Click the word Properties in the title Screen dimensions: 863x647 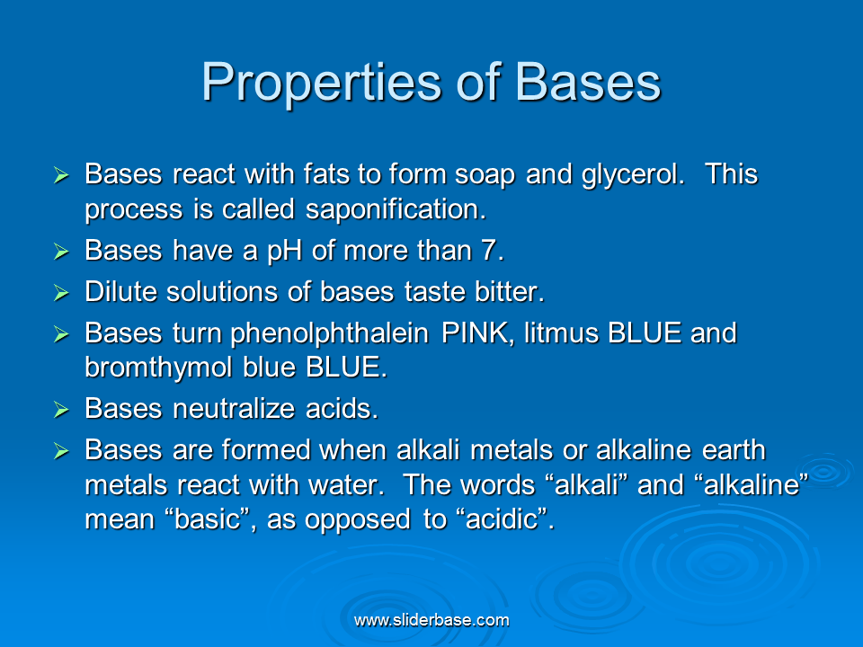[x=322, y=83]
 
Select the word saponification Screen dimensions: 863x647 [x=396, y=209]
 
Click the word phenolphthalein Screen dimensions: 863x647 [x=329, y=333]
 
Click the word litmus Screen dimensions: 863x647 [x=561, y=332]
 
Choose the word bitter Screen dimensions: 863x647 [x=510, y=291]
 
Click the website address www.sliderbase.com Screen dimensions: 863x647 [x=431, y=621]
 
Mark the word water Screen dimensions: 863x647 [x=346, y=485]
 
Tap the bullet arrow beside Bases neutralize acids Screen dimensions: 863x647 [x=61, y=410]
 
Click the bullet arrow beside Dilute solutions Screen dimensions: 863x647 [x=61, y=293]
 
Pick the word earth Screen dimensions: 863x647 [x=734, y=450]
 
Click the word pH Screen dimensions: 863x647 [x=285, y=252]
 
